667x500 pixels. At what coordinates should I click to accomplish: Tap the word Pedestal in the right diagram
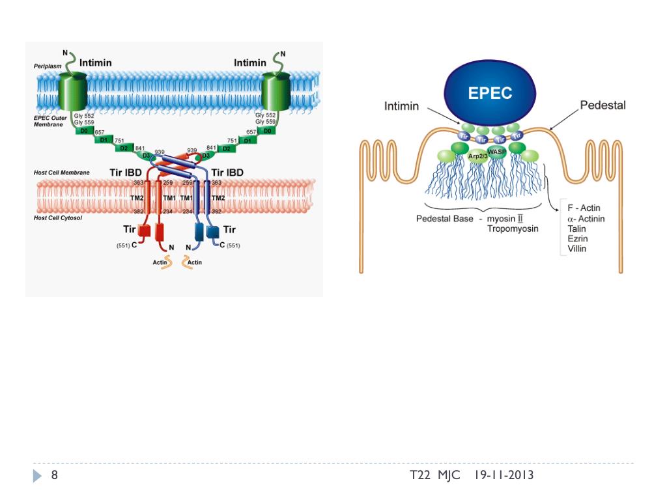603,105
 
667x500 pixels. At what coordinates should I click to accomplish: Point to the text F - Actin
584,208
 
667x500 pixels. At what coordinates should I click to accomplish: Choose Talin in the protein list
576,229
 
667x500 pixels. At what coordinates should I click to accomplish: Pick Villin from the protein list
576,249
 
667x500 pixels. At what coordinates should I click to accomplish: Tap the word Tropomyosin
513,229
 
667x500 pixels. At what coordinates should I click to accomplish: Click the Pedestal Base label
445,219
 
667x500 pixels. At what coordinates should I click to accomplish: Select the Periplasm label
48,67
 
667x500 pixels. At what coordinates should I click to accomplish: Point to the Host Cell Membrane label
61,173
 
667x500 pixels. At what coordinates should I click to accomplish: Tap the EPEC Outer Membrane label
50,121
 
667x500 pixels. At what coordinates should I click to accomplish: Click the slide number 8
55,475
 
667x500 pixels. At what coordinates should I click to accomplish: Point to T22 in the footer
420,475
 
